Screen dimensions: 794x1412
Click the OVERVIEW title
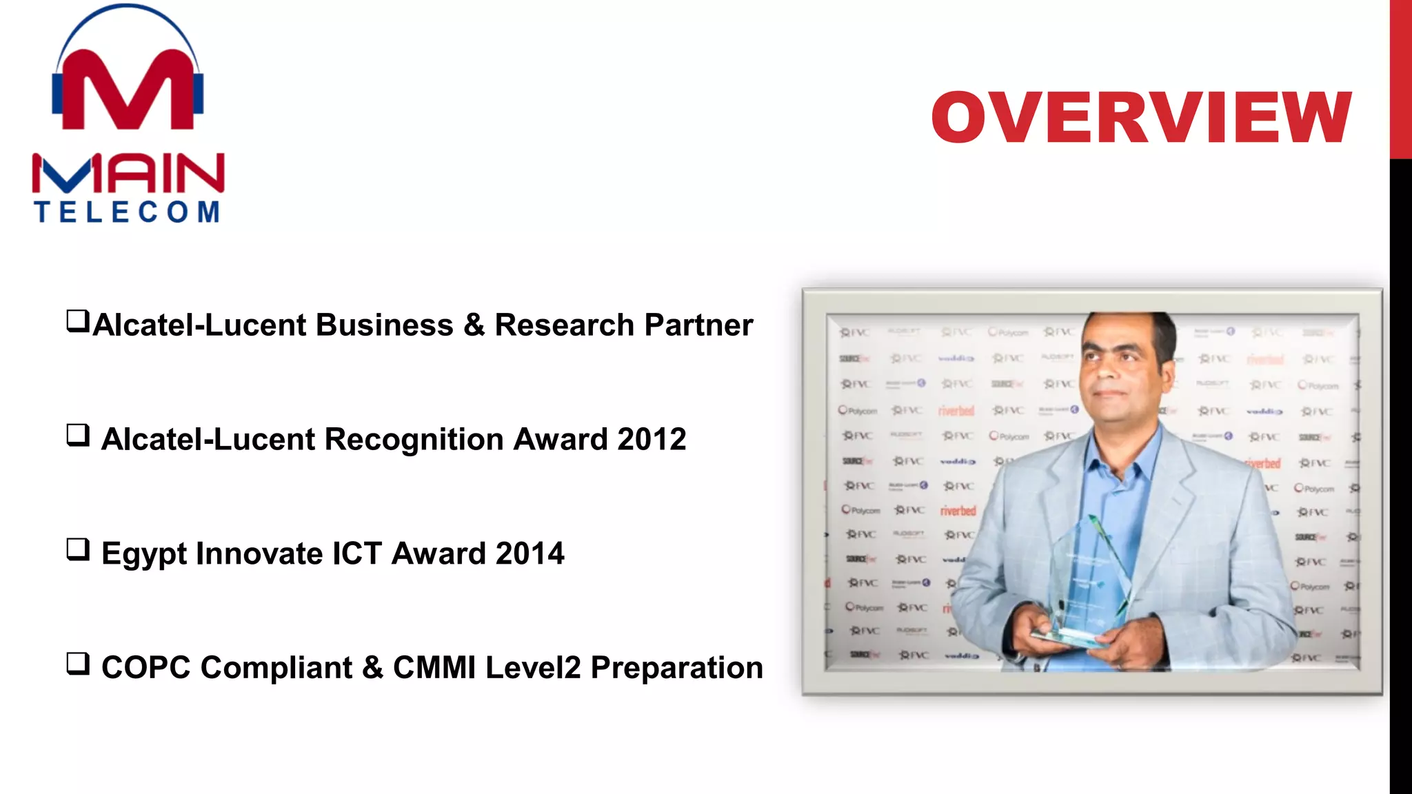click(x=1141, y=117)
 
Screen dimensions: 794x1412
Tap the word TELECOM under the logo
click(x=128, y=212)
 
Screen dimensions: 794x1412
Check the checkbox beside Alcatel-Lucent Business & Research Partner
click(x=78, y=320)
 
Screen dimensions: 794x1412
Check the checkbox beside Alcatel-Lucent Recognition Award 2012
click(x=78, y=435)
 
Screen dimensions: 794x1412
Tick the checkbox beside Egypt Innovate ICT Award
click(x=78, y=549)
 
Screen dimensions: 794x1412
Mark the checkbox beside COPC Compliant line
click(x=78, y=663)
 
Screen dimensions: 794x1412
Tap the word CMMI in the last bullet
click(x=434, y=667)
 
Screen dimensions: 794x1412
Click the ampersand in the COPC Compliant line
click(x=372, y=667)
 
